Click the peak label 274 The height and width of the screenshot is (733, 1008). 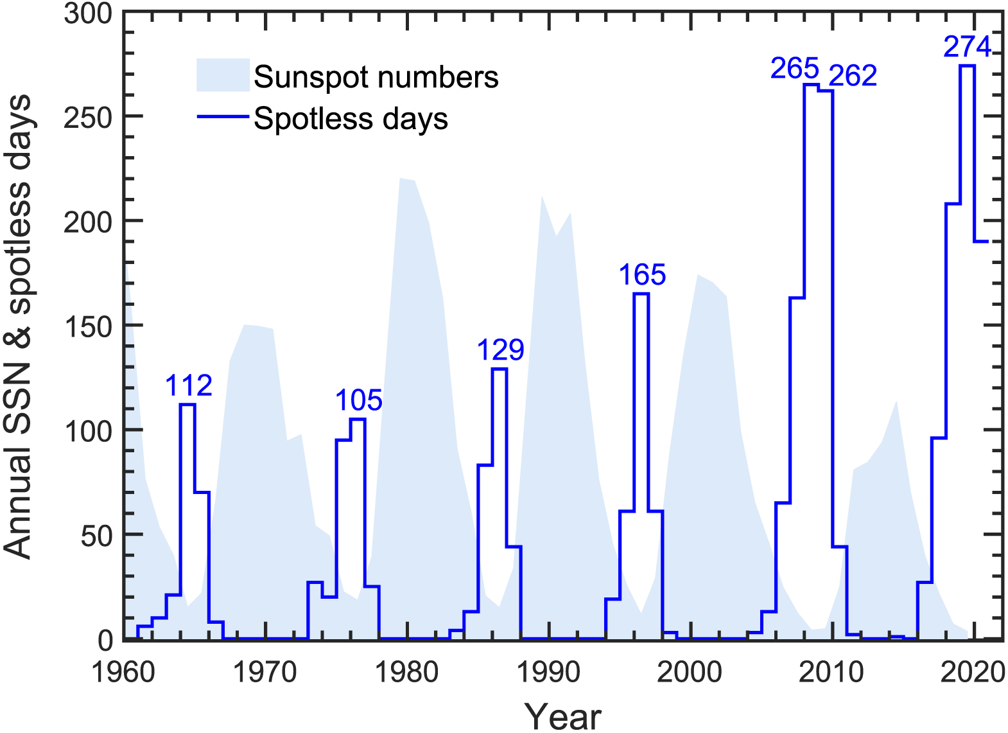(967, 47)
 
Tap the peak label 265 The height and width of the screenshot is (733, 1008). (795, 69)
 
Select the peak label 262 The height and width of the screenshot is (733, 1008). (853, 76)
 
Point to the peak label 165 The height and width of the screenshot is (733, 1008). (642, 275)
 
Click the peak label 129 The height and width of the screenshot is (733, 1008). (500, 350)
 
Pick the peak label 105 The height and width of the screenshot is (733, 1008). (358, 401)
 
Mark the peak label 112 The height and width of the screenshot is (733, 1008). (188, 385)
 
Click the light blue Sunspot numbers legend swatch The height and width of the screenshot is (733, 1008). (223, 75)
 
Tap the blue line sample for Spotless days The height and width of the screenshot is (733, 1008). (223, 117)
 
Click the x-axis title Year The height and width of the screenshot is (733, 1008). (562, 716)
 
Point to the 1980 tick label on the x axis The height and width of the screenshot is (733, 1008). (406, 673)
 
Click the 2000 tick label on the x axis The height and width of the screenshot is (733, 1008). (689, 673)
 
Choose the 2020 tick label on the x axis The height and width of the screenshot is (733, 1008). (972, 673)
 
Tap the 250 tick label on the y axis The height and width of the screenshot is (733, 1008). (88, 117)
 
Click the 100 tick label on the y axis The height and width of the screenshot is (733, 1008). (88, 430)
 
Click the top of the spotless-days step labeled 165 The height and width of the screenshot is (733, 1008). (641, 294)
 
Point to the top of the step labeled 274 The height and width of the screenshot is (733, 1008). (967, 66)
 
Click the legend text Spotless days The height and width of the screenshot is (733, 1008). (351, 119)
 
